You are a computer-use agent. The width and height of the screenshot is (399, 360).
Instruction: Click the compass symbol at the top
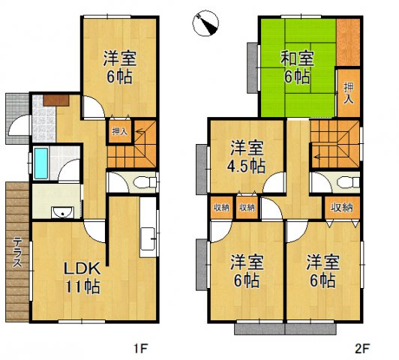point(205,22)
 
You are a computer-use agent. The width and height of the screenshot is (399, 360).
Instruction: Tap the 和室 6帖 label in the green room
point(298,67)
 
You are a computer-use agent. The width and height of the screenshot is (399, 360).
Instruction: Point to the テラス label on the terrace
point(16,256)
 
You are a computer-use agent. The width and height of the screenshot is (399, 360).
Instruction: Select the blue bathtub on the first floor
point(41,163)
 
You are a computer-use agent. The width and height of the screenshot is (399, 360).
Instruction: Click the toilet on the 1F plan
point(144,182)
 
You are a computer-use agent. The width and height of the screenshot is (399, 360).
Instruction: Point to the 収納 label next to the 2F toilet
point(341,208)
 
